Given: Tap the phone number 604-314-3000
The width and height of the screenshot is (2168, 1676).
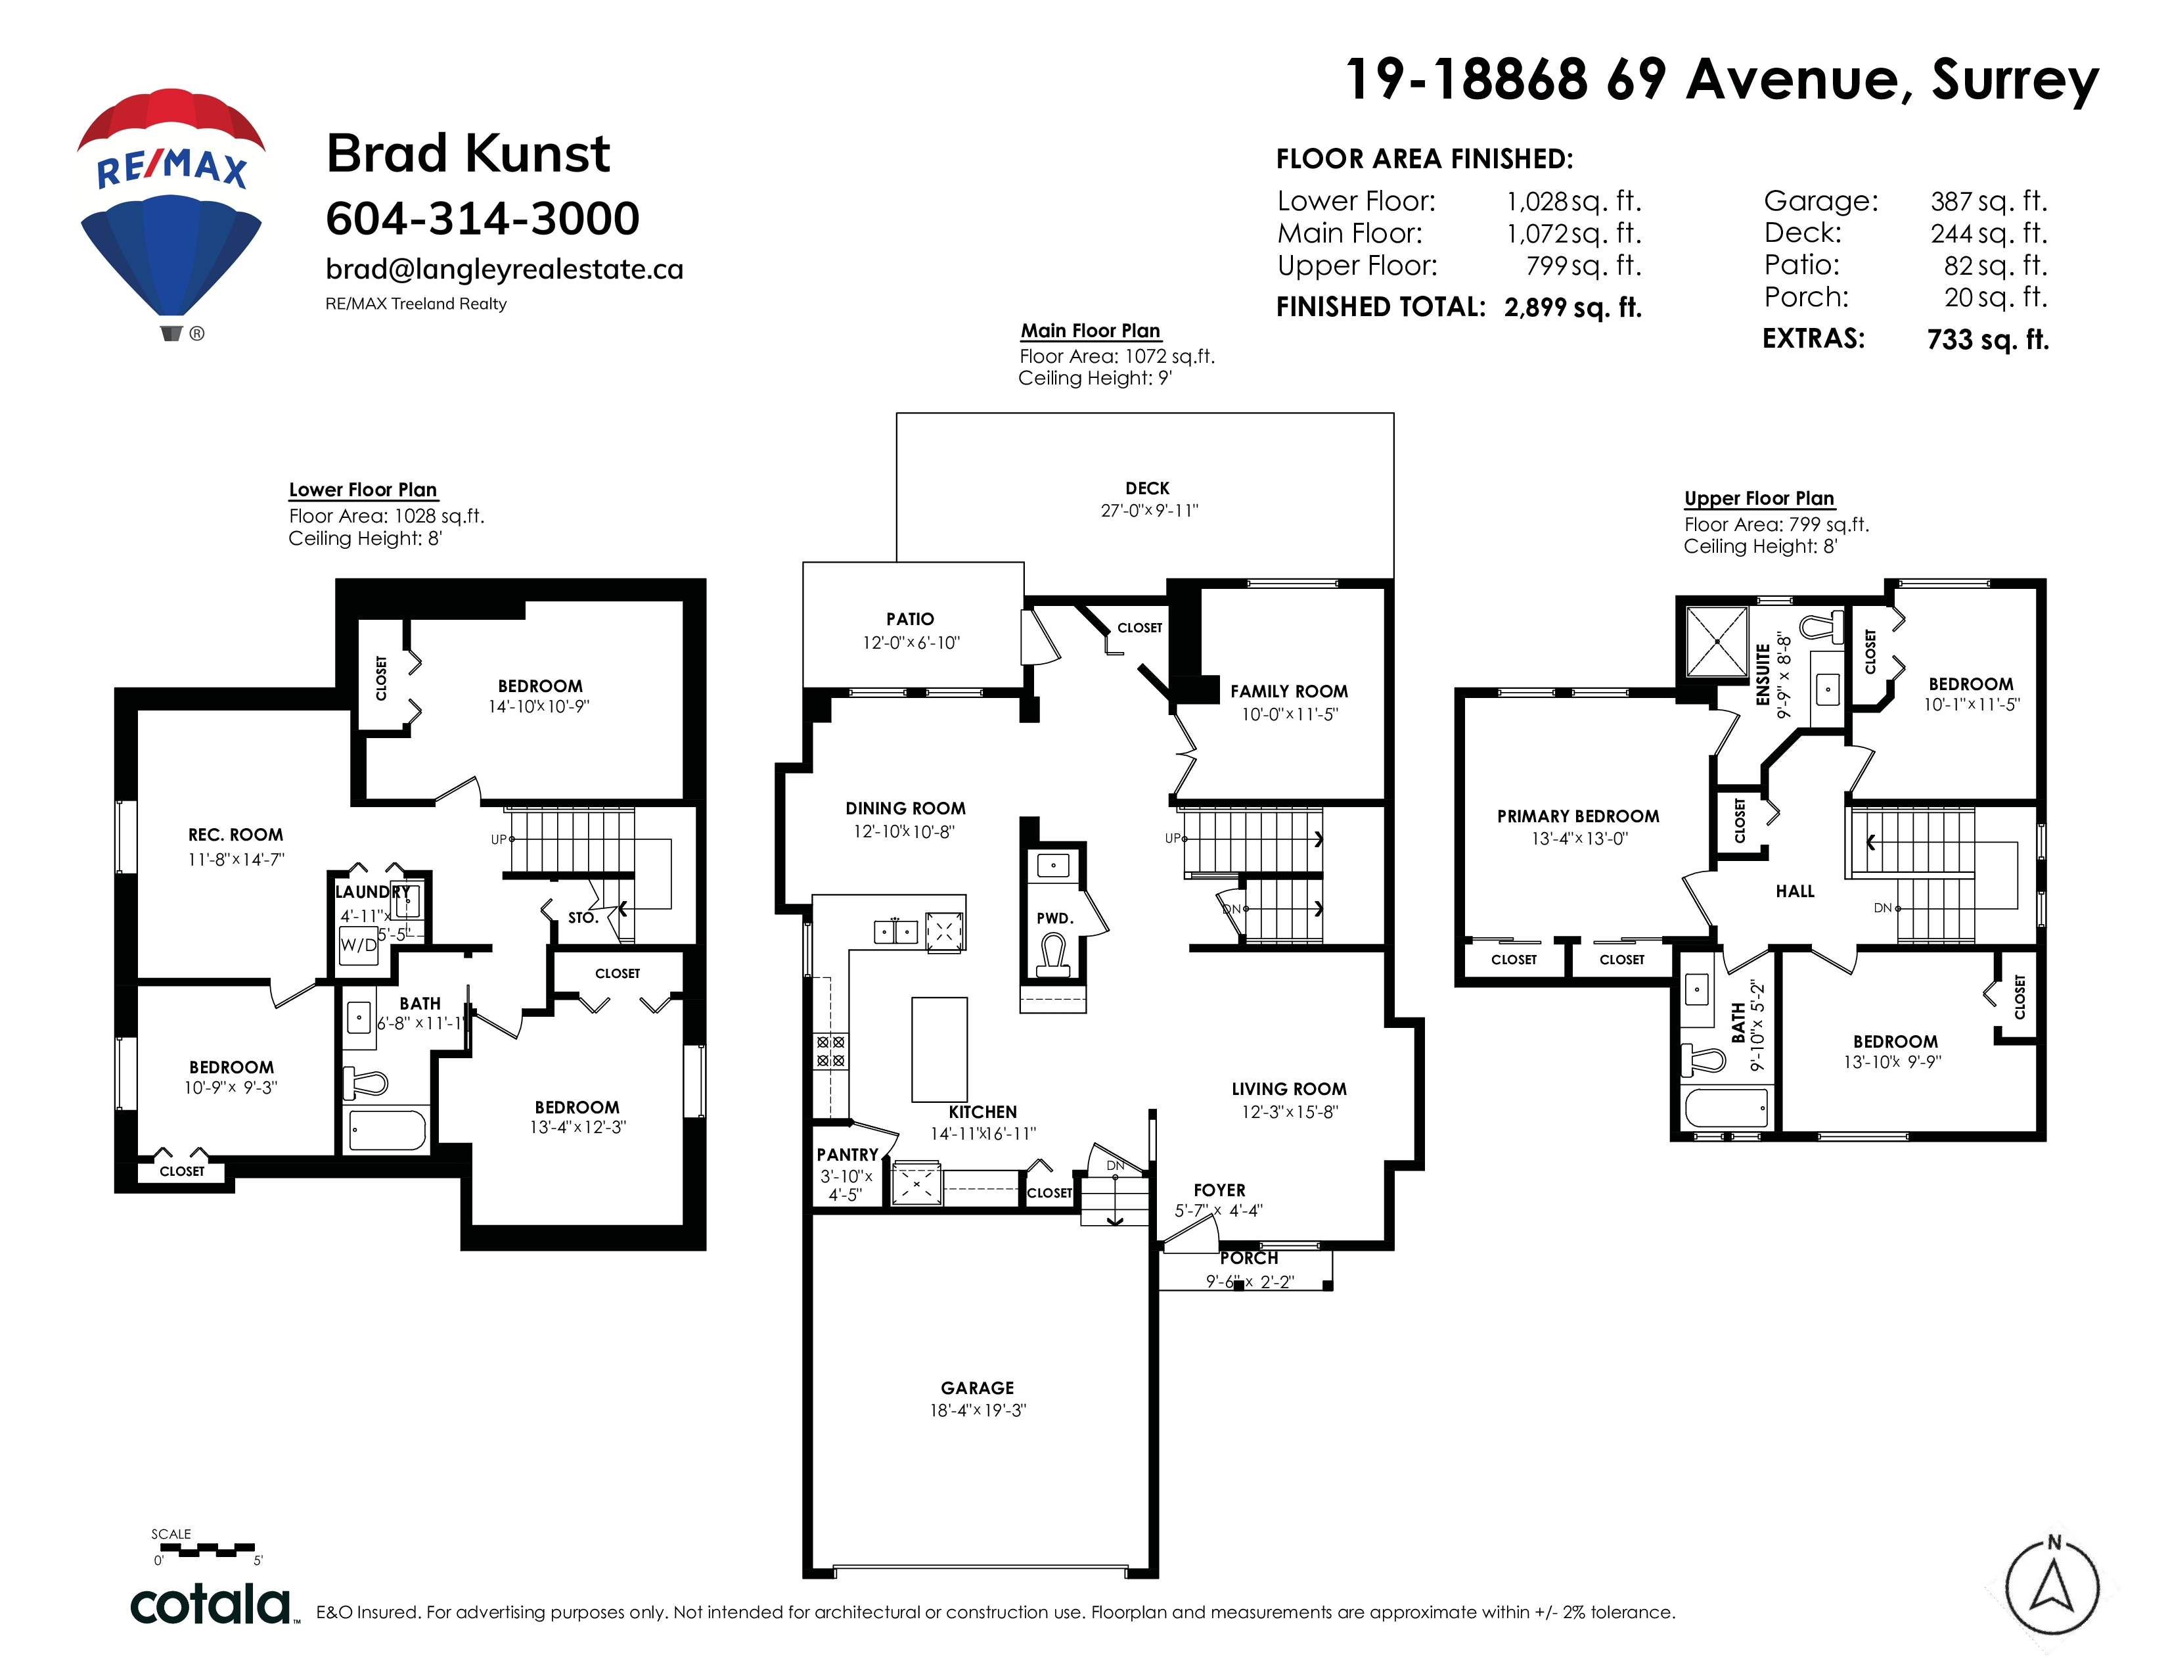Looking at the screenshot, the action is [x=482, y=218].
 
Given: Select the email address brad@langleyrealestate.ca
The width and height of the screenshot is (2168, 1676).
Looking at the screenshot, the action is [x=505, y=269].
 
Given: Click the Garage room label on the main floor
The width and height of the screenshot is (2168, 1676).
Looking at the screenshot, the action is [x=978, y=1388].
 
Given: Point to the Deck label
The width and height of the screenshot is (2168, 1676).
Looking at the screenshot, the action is [x=1148, y=488].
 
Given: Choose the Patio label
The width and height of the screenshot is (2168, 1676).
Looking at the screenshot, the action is [x=911, y=618].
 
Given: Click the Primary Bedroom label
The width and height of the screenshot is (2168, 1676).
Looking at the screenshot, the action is [x=1578, y=816].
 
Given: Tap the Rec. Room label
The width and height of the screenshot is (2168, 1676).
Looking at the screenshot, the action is [x=235, y=835].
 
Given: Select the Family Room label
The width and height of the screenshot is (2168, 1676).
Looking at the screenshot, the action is [x=1290, y=691].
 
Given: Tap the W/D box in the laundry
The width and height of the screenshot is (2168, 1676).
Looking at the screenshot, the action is [x=358, y=944].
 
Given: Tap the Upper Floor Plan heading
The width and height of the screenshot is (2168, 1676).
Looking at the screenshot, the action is [x=1759, y=498].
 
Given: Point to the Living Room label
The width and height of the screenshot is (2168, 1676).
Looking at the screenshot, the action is [x=1290, y=1089].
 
